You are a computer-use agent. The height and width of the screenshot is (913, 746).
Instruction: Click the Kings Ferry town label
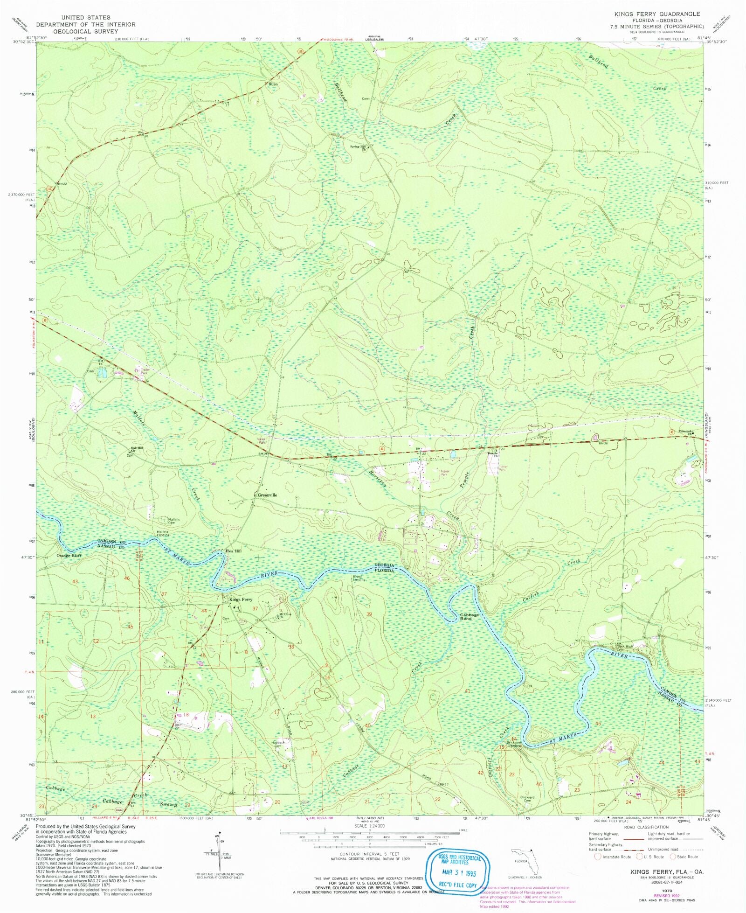point(240,599)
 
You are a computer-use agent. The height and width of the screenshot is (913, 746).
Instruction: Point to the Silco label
point(273,84)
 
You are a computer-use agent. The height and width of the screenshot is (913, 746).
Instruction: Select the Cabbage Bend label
point(469,616)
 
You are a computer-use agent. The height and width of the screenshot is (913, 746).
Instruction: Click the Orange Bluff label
point(69,556)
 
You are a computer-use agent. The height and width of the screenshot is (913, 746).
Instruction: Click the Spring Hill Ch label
point(358,147)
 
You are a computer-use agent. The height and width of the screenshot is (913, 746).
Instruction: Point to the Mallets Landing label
point(162,533)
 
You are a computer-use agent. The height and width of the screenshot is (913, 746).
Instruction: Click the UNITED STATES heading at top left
point(86,17)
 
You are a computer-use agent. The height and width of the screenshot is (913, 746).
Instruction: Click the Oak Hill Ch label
point(137,449)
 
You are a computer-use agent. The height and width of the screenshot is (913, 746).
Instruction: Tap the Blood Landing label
point(359,578)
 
